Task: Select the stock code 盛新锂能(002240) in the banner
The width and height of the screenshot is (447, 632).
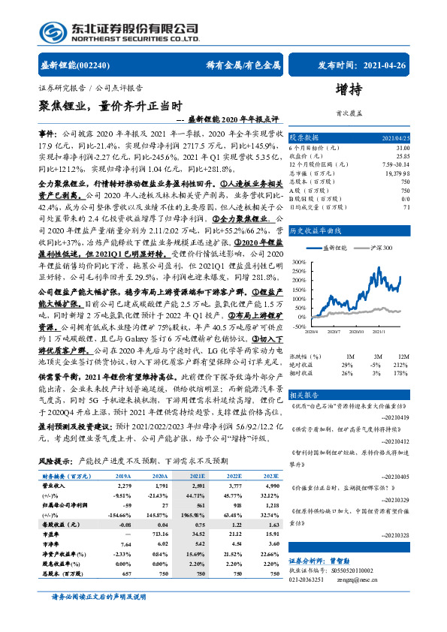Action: (72, 65)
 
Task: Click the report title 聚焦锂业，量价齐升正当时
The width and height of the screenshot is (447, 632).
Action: (109, 106)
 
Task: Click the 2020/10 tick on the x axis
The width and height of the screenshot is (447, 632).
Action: (356, 330)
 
